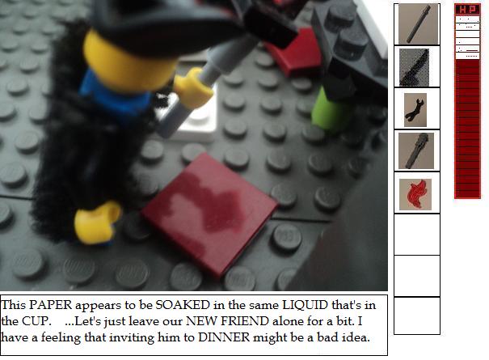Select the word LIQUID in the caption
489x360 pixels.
coord(305,305)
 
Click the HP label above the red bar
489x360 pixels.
coord(467,10)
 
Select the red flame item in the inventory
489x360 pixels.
coord(415,194)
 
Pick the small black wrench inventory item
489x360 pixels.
coord(415,110)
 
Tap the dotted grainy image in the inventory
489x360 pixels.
coord(414,67)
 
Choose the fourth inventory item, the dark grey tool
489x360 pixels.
coord(416,150)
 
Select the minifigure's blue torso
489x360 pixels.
coord(116,94)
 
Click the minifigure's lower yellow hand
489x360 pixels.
coord(97,222)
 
